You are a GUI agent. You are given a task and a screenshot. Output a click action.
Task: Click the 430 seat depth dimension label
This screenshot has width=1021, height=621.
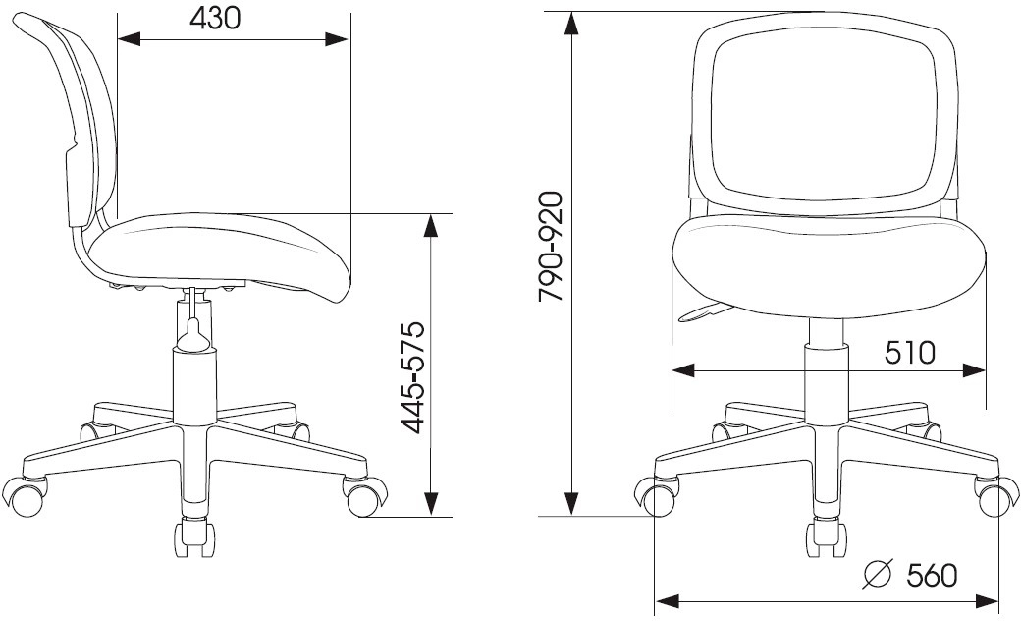215,19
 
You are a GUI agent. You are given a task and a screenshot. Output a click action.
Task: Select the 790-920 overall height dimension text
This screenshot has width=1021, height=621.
551,247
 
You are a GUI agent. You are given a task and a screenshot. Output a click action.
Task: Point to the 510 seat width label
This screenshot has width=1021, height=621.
910,353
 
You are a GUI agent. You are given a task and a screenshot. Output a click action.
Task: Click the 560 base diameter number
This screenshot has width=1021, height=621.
933,576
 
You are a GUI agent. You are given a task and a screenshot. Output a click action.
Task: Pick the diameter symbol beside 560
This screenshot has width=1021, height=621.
877,574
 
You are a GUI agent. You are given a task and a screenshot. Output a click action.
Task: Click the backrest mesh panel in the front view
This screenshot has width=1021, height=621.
823,115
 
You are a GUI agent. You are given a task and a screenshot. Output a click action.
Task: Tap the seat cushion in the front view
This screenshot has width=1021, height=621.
829,267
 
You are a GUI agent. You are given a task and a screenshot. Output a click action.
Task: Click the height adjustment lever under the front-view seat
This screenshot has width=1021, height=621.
705,312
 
